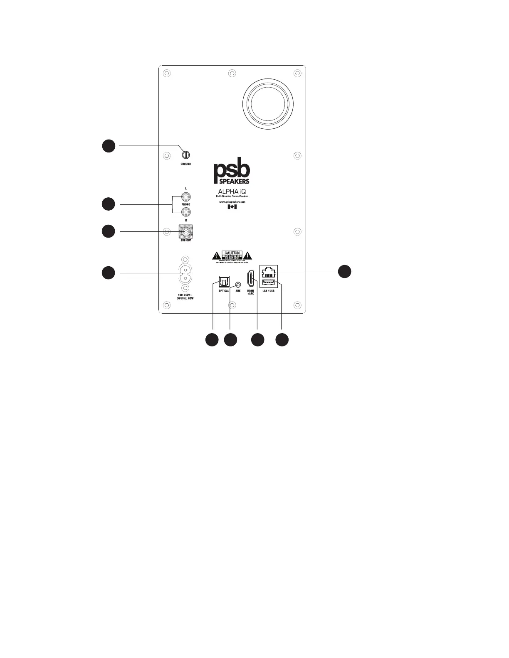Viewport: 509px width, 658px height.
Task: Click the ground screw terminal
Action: [x=186, y=155]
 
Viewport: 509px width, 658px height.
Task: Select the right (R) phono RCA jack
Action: [x=186, y=212]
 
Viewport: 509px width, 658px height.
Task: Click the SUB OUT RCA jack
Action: [x=186, y=231]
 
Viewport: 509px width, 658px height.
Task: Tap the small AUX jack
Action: [x=238, y=285]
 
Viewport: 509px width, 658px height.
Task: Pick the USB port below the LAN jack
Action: [x=269, y=283]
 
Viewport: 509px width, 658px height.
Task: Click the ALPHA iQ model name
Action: [x=232, y=191]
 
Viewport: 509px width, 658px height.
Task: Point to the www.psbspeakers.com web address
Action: [x=232, y=202]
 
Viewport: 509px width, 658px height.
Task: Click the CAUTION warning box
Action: [x=232, y=255]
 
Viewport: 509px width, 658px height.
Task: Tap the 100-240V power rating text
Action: [x=185, y=299]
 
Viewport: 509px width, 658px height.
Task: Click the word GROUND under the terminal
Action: [x=186, y=164]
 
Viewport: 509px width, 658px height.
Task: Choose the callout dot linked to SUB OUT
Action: [x=109, y=231]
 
